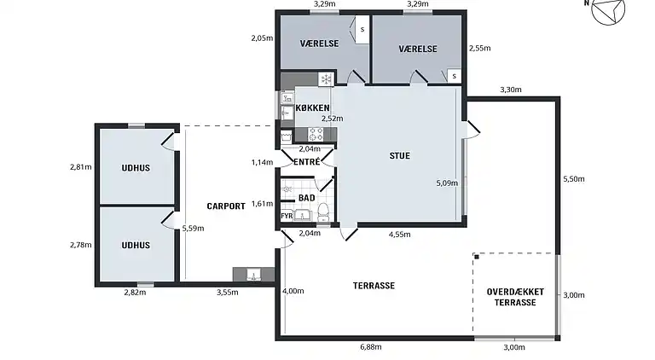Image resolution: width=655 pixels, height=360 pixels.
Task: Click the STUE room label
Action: tap(400, 156)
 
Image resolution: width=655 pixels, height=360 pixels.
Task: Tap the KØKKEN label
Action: tap(312, 107)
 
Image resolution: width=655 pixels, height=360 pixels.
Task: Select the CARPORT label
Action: tap(226, 206)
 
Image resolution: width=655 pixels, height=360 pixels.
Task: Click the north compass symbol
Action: tap(608, 9)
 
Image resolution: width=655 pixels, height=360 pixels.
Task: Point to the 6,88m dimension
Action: tap(371, 347)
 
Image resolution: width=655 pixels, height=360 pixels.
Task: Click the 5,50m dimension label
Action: tap(574, 179)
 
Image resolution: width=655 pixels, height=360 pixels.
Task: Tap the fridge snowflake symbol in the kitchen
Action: tap(326, 79)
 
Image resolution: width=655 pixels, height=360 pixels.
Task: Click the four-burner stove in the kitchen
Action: tap(316, 135)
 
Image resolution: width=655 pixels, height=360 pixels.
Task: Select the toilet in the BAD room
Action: tap(324, 212)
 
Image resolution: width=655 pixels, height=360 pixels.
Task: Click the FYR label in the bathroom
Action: tap(287, 216)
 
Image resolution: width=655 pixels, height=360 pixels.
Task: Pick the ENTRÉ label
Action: tap(307, 161)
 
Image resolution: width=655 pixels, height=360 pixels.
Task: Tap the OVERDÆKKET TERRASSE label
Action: tap(515, 297)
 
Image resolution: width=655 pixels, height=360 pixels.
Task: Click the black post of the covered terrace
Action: tap(477, 257)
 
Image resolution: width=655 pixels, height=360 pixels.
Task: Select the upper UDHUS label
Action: tap(136, 168)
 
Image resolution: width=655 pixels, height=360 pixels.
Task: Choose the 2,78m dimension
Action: tap(81, 245)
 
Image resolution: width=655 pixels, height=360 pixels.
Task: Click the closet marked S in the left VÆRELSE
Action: tap(362, 29)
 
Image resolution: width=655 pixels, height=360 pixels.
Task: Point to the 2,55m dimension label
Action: tap(480, 48)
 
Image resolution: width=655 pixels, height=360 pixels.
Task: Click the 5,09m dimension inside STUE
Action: tap(447, 183)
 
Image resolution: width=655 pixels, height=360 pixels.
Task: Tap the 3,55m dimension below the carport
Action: tap(227, 293)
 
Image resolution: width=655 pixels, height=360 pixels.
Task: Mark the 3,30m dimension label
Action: tap(511, 90)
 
